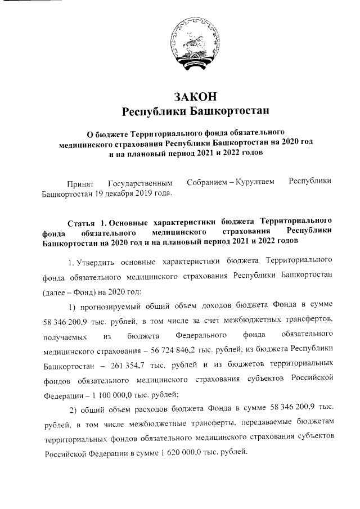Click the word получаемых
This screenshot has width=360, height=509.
[x=65, y=336]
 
